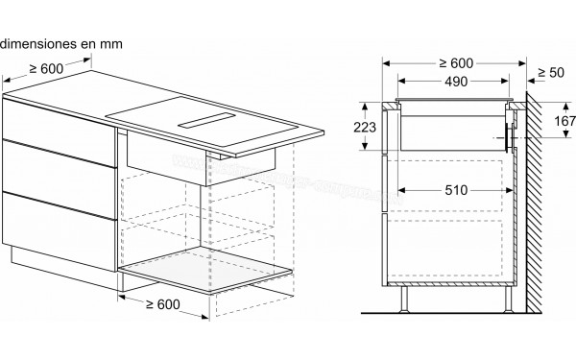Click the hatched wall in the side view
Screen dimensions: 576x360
(x=533, y=221)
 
